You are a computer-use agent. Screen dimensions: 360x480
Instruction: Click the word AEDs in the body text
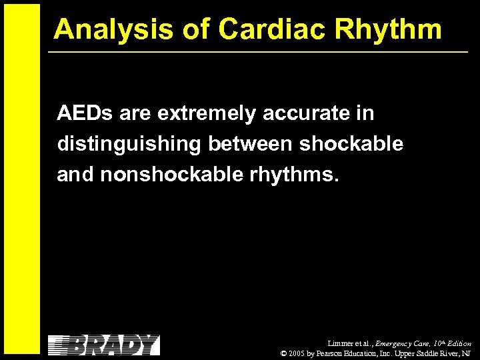click(85, 114)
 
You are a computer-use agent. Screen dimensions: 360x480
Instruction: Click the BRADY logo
click(104, 345)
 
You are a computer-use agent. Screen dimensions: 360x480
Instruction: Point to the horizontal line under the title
click(260, 51)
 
